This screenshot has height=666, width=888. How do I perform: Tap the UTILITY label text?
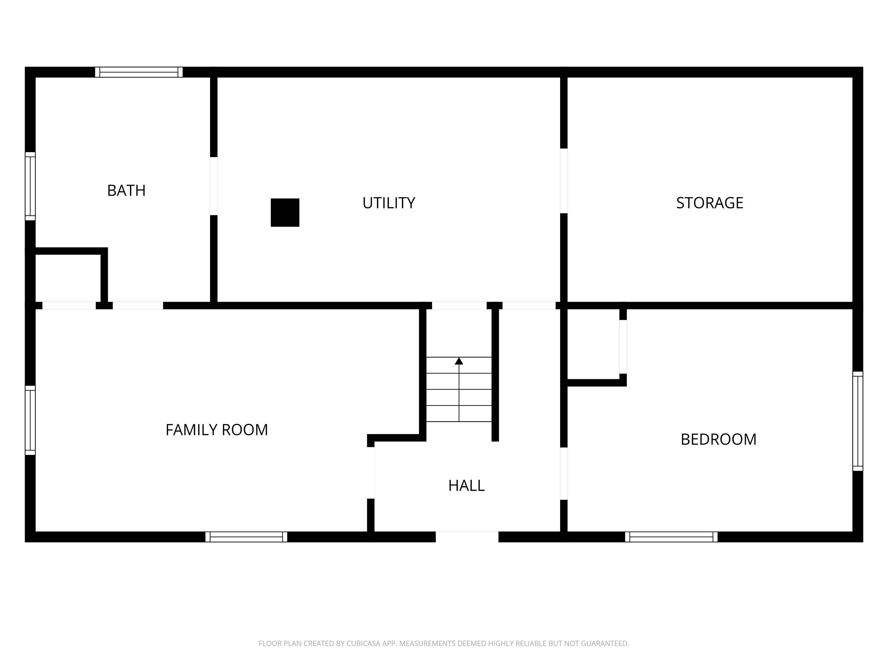(388, 203)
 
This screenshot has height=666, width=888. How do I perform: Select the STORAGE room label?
(709, 203)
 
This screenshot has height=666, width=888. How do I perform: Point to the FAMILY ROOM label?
(217, 430)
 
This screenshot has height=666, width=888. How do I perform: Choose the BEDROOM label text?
(718, 440)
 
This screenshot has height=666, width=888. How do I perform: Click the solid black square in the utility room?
(285, 212)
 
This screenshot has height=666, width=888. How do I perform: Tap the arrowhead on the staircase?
(459, 361)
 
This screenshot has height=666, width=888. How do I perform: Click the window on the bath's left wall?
(30, 186)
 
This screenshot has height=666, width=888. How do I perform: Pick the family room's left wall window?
(30, 420)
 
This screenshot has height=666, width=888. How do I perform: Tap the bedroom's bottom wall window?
(671, 537)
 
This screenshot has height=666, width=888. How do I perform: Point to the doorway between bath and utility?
(214, 186)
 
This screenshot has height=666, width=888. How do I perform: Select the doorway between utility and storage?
(564, 181)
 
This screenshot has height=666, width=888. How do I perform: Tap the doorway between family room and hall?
(371, 473)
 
